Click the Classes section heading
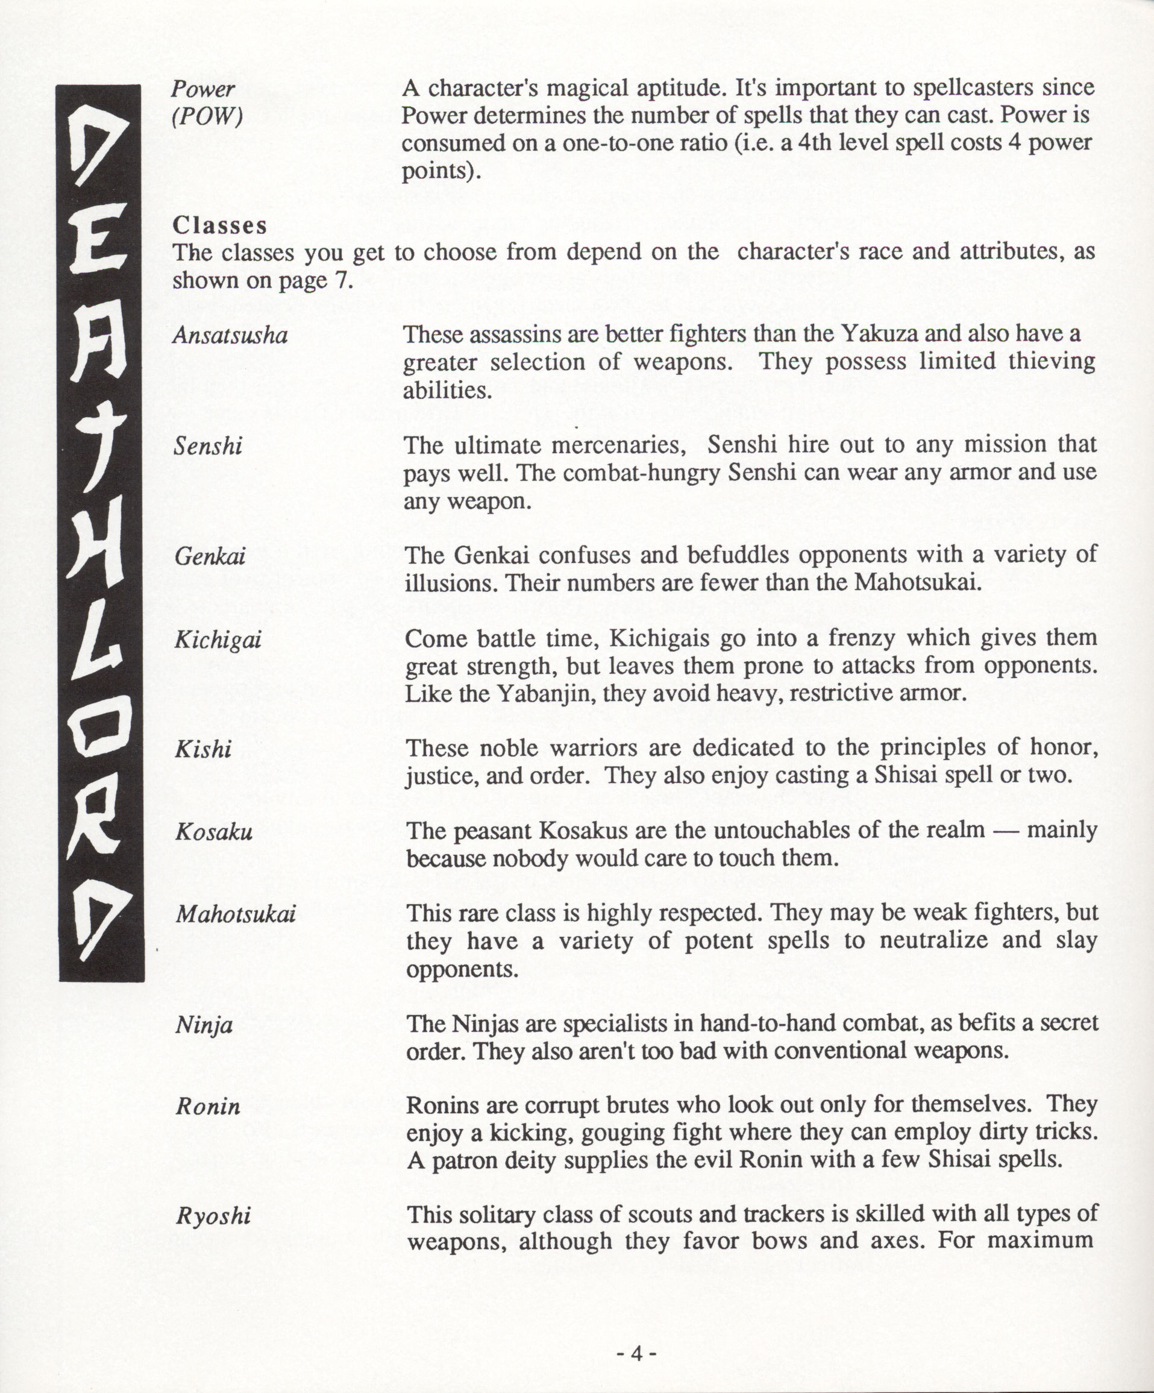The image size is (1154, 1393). [219, 225]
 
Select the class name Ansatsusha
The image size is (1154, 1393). [230, 336]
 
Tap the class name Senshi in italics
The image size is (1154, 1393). [207, 447]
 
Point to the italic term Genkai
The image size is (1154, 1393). [210, 556]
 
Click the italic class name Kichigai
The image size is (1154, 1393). [218, 640]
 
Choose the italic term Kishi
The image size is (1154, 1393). [203, 750]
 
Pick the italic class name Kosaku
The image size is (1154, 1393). [213, 832]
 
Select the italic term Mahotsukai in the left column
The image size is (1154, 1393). [235, 916]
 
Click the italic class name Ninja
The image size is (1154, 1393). [204, 1025]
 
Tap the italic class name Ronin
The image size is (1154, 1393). [207, 1107]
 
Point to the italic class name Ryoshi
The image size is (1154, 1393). [213, 1216]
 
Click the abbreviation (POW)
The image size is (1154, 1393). [207, 118]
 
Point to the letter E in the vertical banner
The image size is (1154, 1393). [99, 256]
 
